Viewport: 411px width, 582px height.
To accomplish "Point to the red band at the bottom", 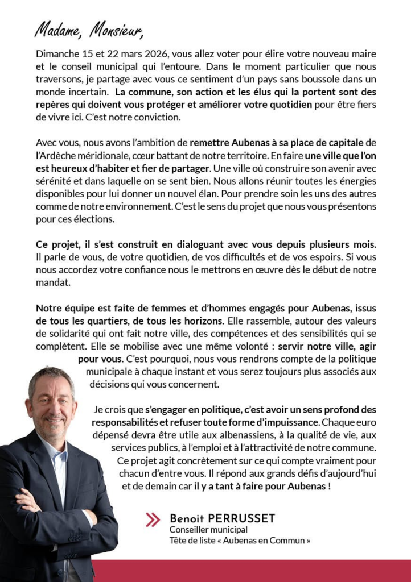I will point(250,571).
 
